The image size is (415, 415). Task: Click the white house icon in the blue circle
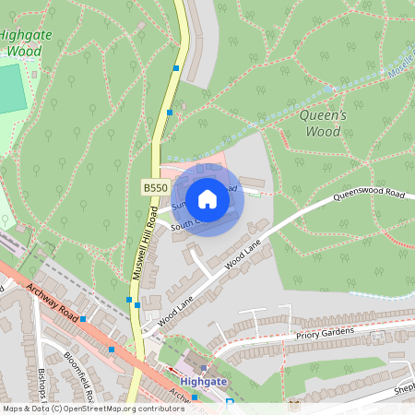[207, 198]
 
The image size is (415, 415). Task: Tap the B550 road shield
[154, 187]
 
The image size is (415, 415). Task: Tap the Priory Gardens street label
[325, 337]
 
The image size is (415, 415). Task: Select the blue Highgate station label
[204, 382]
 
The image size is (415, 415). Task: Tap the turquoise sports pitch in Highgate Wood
[11, 89]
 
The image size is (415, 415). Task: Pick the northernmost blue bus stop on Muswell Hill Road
[175, 67]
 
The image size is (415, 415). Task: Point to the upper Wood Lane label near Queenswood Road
[242, 252]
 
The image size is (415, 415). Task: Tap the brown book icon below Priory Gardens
[294, 403]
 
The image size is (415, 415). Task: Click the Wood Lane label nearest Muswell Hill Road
[175, 312]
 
